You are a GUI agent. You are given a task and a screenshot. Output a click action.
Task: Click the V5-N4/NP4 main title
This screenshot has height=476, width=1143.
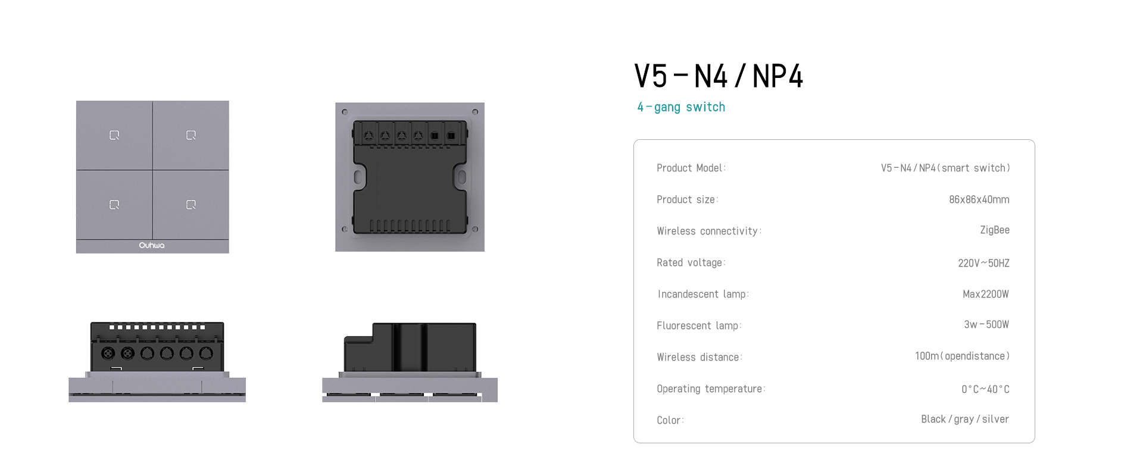pos(719,76)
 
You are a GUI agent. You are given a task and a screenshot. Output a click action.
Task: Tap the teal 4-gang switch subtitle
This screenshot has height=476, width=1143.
pos(681,107)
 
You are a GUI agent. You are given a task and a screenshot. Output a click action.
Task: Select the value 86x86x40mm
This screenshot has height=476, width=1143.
pos(979,199)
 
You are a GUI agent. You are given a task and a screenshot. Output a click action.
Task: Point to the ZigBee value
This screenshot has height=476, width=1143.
pos(995,230)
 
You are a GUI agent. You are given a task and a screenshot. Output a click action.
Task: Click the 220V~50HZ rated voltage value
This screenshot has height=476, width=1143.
pos(983,263)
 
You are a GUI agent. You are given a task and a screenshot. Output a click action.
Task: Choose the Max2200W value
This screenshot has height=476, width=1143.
pos(986,294)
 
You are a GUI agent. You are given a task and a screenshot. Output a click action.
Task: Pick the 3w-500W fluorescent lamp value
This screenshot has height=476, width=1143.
pos(986,324)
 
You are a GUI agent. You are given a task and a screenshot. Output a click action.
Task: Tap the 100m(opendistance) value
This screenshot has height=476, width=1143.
pos(963,356)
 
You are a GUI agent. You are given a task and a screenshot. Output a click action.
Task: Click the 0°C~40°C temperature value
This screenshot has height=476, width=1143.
pos(985,389)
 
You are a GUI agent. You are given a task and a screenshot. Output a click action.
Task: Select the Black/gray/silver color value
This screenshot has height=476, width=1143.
pos(965,419)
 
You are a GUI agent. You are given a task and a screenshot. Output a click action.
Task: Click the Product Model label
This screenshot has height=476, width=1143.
pos(691,168)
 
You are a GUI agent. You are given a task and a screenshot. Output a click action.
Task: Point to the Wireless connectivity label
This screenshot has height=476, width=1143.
pos(709,231)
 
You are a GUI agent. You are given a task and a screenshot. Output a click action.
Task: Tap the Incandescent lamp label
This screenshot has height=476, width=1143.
pos(703,294)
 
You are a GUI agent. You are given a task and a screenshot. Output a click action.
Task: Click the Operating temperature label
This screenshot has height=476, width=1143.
pos(711,389)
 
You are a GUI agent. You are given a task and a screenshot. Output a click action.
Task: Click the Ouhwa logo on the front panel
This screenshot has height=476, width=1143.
pos(152,245)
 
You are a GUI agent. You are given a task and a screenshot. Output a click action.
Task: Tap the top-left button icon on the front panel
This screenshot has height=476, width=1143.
pos(114,135)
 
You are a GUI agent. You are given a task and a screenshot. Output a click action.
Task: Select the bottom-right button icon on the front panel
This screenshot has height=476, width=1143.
pos(191,205)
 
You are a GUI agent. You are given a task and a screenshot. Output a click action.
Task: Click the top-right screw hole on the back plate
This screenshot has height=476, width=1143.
pos(475,112)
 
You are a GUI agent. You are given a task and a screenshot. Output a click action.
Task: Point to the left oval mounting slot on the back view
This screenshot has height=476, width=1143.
pos(358,177)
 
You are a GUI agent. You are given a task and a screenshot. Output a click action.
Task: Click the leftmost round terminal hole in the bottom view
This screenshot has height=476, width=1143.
pos(108,353)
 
